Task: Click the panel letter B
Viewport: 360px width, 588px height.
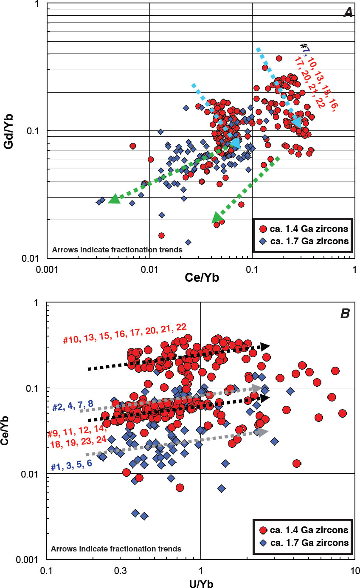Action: coord(345,314)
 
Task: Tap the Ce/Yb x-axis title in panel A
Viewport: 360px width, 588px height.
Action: coord(200,278)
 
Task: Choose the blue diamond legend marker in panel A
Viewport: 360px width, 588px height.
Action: coord(263,241)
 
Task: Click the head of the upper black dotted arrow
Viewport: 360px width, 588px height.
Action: coord(265,346)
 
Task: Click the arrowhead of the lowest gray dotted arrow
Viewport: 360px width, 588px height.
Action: coord(263,432)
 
